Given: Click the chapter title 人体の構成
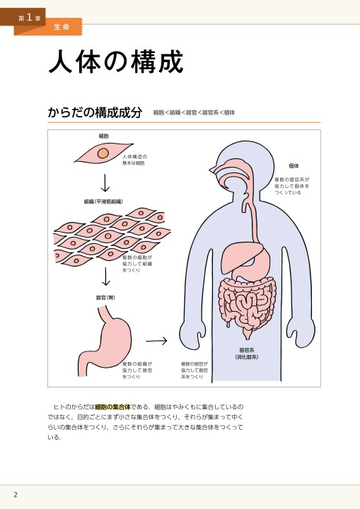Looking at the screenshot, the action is coord(116,62).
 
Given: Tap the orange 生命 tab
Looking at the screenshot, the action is coord(62,27).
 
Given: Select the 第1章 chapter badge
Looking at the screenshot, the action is coord(30,18).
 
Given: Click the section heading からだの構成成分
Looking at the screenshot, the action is coord(95,112).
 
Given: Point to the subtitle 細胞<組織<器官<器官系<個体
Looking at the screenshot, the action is coord(194,112).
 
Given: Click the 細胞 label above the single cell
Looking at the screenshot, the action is coord(104,136).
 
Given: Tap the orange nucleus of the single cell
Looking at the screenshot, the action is coord(103,153).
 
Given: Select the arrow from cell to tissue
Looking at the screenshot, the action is coord(105,183).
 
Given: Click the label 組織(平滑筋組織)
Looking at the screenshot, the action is coord(103,201).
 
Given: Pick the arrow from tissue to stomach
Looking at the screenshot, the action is coord(105,276).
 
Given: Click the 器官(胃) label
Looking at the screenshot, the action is coord(105,298).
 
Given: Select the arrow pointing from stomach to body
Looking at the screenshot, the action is coord(156,341).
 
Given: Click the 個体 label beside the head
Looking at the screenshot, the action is coord(294,166).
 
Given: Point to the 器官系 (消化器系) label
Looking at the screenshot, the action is coord(247,353).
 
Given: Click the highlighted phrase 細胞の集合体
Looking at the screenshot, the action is coord(112,406).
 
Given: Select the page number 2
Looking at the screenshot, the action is coord(16,495).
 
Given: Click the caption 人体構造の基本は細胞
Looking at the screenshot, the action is coord(134,160).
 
